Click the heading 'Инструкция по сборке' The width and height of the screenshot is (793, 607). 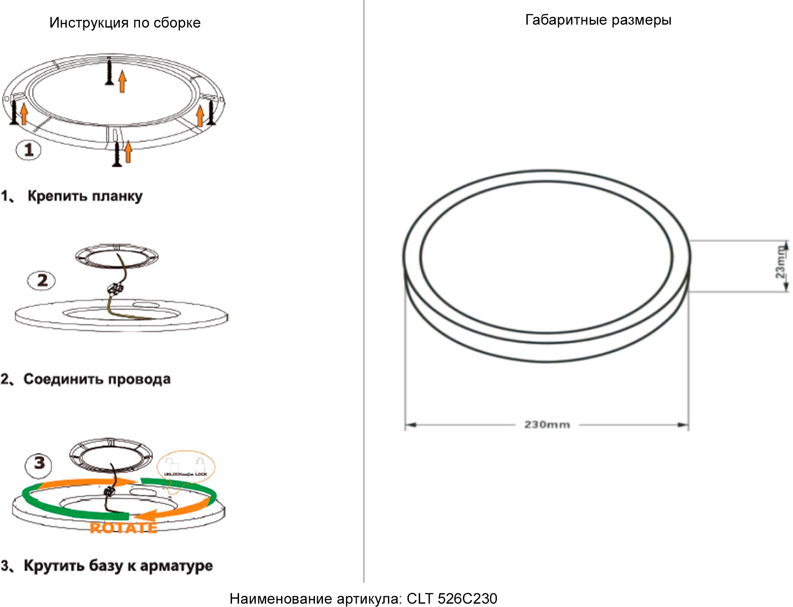[x=125, y=23]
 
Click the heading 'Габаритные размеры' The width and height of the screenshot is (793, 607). [x=598, y=20]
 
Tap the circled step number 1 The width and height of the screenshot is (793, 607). [x=28, y=150]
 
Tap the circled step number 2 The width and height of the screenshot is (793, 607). [x=41, y=280]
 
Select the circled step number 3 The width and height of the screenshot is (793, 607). [x=39, y=463]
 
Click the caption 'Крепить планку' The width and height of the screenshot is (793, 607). [x=85, y=196]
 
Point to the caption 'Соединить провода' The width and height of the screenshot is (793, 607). [x=97, y=379]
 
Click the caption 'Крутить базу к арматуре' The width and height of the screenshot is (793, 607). [x=118, y=566]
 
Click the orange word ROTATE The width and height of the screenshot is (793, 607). [x=123, y=528]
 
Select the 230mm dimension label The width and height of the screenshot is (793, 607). [x=547, y=425]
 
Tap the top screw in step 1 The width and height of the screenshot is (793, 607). [x=110, y=72]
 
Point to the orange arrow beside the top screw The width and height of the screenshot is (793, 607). [x=122, y=81]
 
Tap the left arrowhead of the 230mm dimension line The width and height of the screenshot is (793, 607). [x=409, y=425]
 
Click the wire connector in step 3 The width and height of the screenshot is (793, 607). [x=109, y=492]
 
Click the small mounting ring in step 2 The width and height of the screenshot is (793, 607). [x=117, y=255]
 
